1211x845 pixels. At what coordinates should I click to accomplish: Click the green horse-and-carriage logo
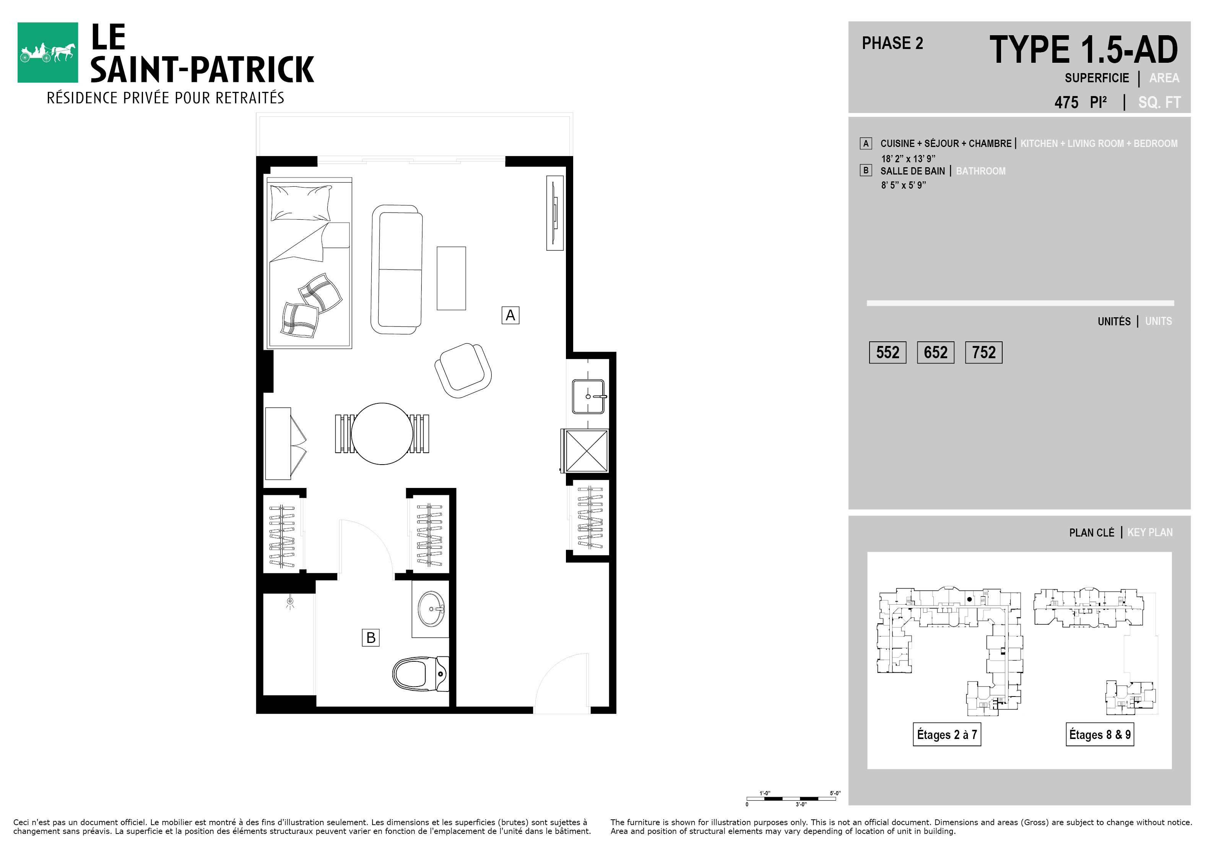(47, 52)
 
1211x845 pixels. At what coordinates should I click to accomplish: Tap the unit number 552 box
(888, 352)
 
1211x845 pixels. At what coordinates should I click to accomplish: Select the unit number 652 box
(936, 352)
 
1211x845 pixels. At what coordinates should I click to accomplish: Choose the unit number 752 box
(983, 352)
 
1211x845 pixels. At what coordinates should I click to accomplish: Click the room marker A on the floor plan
(510, 315)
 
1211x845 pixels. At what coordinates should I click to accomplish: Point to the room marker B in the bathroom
(371, 638)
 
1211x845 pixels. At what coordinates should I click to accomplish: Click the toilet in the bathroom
(420, 674)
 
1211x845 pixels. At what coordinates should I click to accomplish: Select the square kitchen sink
(588, 396)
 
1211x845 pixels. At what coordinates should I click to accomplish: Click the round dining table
(382, 434)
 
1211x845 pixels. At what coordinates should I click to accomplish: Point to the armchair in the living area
(463, 370)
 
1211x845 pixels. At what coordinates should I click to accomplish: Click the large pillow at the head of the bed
(301, 203)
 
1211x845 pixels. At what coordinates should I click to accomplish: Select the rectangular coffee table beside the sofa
(451, 278)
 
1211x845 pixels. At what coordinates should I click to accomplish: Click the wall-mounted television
(555, 213)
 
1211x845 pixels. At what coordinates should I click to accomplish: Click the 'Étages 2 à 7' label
(947, 734)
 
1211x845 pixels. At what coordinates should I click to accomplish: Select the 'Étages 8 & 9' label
(1100, 734)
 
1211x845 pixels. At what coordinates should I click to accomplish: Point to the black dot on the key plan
(969, 599)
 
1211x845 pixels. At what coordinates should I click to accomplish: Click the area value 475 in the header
(1066, 103)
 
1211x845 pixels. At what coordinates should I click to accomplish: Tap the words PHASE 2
(892, 43)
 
